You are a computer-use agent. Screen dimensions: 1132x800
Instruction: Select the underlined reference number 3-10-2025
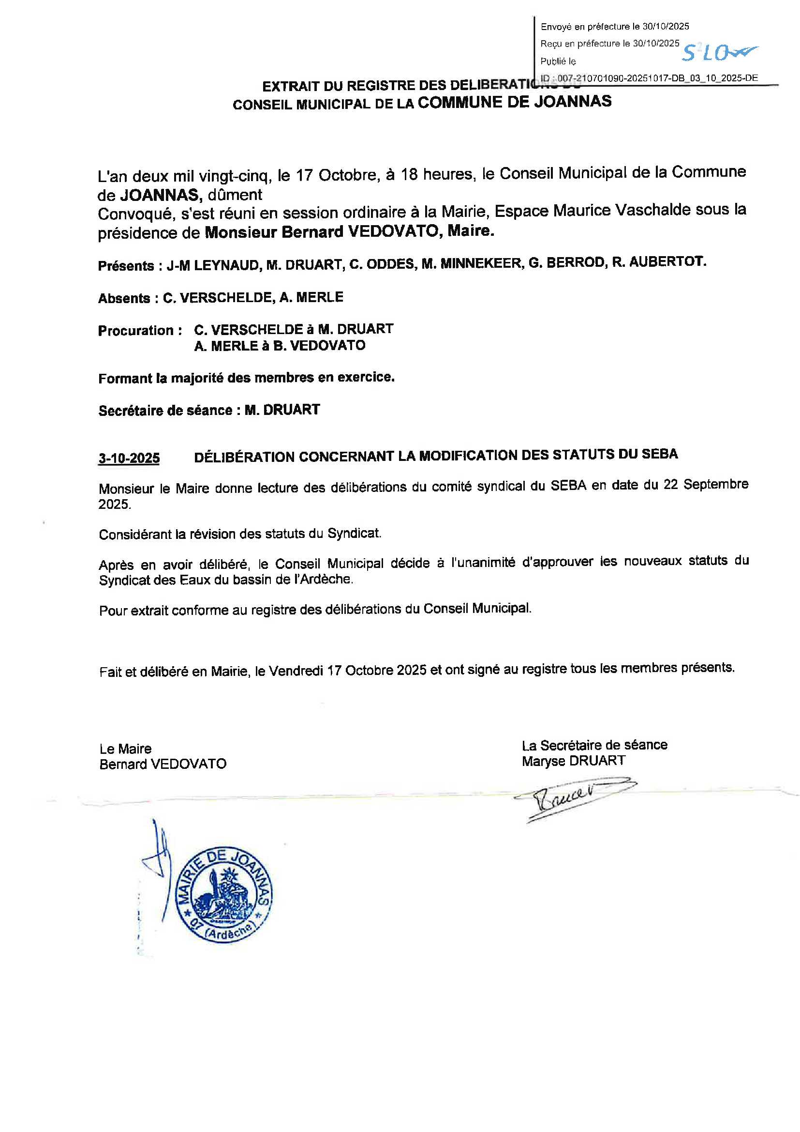point(129,458)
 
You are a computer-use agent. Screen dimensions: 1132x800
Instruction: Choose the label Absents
point(124,298)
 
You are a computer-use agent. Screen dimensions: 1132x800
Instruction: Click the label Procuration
point(136,330)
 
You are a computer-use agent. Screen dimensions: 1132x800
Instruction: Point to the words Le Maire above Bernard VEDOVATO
point(125,749)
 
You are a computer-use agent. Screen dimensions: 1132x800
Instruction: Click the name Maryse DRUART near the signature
point(574,761)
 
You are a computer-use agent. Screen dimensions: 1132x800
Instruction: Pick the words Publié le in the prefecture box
point(558,61)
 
